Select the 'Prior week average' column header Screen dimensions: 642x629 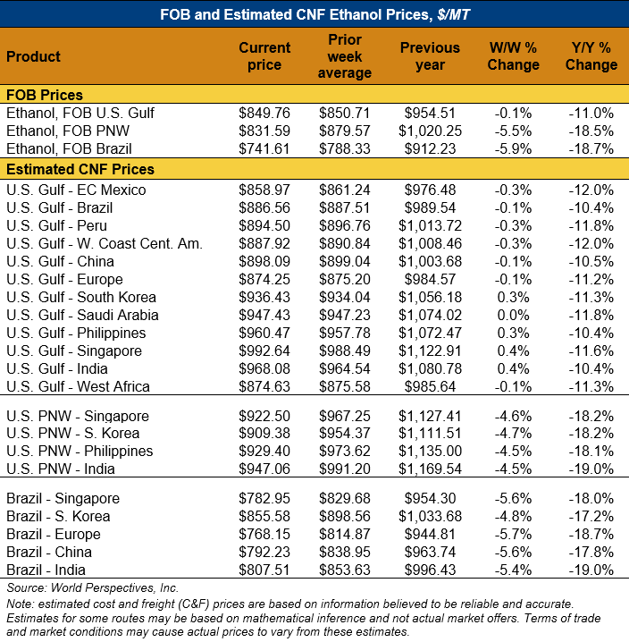click(x=345, y=56)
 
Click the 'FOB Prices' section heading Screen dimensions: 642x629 click(x=45, y=95)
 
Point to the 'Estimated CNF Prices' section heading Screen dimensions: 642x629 click(x=80, y=169)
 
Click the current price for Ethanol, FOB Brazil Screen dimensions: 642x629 click(x=264, y=148)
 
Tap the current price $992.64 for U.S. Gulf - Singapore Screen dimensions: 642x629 click(x=264, y=351)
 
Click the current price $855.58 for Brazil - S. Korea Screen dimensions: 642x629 click(x=264, y=516)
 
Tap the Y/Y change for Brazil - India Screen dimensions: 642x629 click(x=591, y=570)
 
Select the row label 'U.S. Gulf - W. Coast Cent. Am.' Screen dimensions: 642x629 click(x=105, y=243)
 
